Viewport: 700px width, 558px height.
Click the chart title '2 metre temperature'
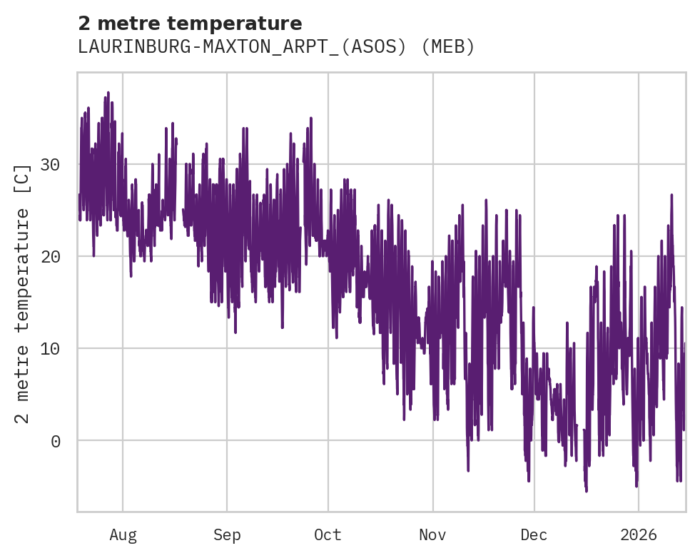click(190, 24)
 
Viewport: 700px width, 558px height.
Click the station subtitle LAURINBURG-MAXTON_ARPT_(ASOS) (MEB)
click(276, 47)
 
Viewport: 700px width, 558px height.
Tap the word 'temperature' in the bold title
click(243, 24)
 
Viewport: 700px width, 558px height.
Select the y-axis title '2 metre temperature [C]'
click(23, 293)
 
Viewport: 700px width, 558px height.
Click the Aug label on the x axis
click(123, 535)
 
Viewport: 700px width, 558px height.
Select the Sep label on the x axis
click(227, 535)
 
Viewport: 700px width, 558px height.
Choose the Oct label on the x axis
click(328, 535)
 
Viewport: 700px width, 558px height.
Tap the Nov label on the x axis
click(432, 535)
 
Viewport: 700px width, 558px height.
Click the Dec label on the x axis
click(534, 535)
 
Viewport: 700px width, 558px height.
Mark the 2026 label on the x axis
click(638, 535)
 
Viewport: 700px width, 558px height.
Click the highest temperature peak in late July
click(108, 93)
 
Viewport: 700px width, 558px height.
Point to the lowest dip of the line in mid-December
click(587, 491)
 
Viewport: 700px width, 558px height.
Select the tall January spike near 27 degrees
click(671, 195)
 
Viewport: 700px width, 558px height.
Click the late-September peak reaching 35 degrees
click(311, 118)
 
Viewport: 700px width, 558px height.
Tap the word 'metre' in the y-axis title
click(23, 375)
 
